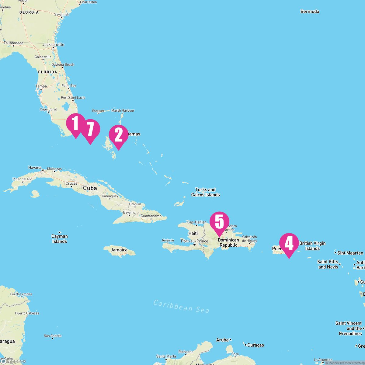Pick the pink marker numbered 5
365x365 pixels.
point(219,222)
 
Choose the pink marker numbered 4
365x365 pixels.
point(289,244)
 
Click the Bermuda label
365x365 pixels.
point(310,12)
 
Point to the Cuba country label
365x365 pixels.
point(90,188)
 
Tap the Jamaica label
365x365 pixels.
point(119,250)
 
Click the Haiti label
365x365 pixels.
point(193,233)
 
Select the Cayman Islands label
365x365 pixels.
point(60,239)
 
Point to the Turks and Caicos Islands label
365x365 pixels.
point(205,192)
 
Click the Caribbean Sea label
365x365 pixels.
point(181,306)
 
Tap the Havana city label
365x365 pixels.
point(35,168)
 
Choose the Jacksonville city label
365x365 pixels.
point(53,44)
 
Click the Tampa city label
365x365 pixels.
point(41,86)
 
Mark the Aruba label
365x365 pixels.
point(222,340)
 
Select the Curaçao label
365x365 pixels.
point(255,345)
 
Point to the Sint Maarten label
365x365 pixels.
point(350,253)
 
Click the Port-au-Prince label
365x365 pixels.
point(194,241)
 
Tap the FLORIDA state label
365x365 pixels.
point(47,72)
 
